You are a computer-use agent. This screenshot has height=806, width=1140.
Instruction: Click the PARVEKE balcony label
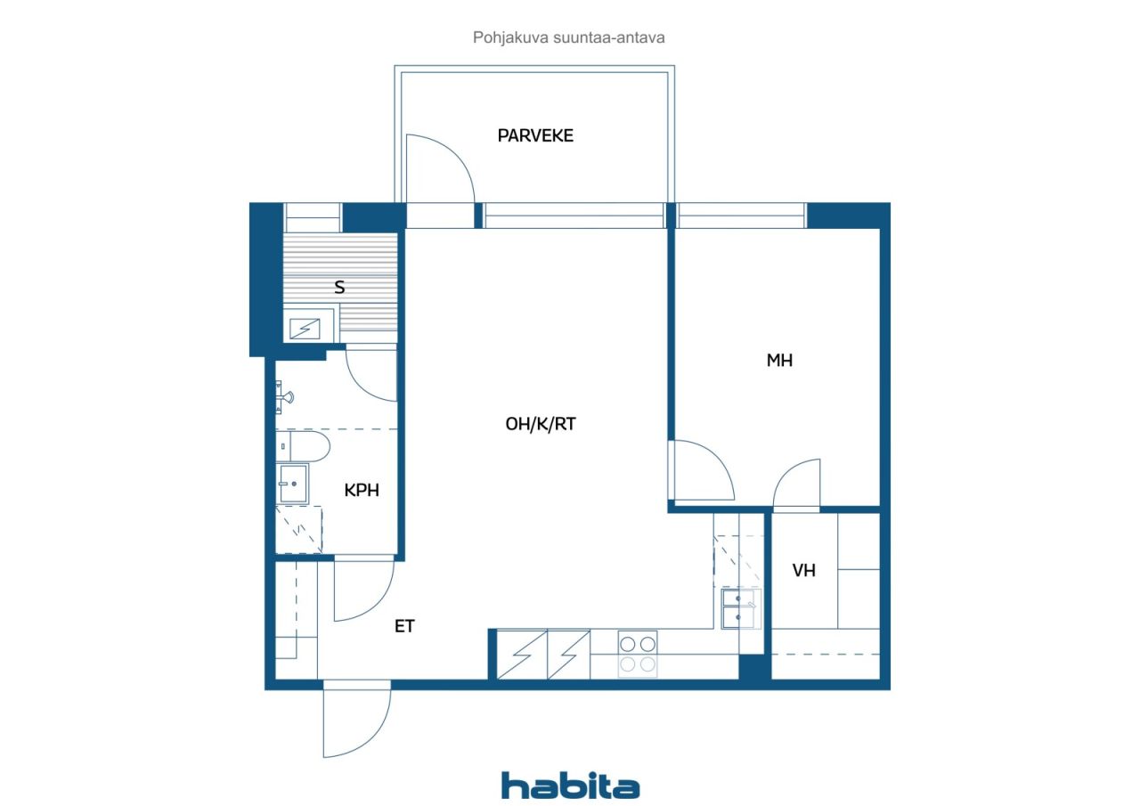[535, 135]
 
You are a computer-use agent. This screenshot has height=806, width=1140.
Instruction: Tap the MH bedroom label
[779, 361]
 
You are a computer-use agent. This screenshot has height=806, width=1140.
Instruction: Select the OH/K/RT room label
[541, 424]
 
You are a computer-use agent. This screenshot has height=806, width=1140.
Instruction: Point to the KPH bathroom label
[362, 490]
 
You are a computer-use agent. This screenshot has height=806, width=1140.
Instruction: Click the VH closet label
[803, 570]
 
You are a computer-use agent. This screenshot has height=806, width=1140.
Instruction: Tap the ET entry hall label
[404, 626]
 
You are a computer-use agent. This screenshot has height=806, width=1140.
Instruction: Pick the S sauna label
[339, 288]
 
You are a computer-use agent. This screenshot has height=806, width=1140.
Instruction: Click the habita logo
[570, 786]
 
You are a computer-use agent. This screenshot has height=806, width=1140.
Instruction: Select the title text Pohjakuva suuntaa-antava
[568, 37]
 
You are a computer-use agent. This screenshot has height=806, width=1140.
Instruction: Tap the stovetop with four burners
[638, 655]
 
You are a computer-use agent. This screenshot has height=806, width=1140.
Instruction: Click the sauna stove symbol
[305, 329]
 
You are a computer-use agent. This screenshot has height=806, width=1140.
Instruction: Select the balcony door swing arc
[448, 159]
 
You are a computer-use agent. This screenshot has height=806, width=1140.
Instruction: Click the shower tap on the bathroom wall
[284, 397]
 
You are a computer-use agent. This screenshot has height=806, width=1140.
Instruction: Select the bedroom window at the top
[742, 216]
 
